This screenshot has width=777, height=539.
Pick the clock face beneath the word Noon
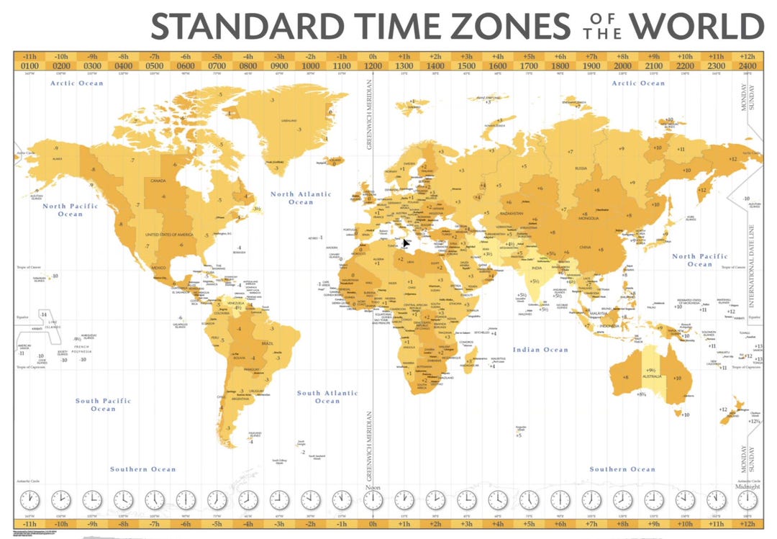click(x=373, y=499)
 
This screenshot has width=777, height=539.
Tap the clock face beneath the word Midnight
click(x=747, y=499)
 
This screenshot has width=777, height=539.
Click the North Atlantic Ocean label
click(x=301, y=198)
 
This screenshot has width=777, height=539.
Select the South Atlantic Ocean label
click(x=327, y=397)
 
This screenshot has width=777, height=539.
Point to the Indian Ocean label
click(x=540, y=350)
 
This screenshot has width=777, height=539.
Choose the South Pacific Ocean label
click(x=103, y=404)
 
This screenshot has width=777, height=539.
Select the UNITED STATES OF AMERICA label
click(x=171, y=235)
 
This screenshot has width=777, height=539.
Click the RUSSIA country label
click(x=581, y=168)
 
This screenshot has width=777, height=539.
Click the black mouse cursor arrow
click(x=406, y=243)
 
